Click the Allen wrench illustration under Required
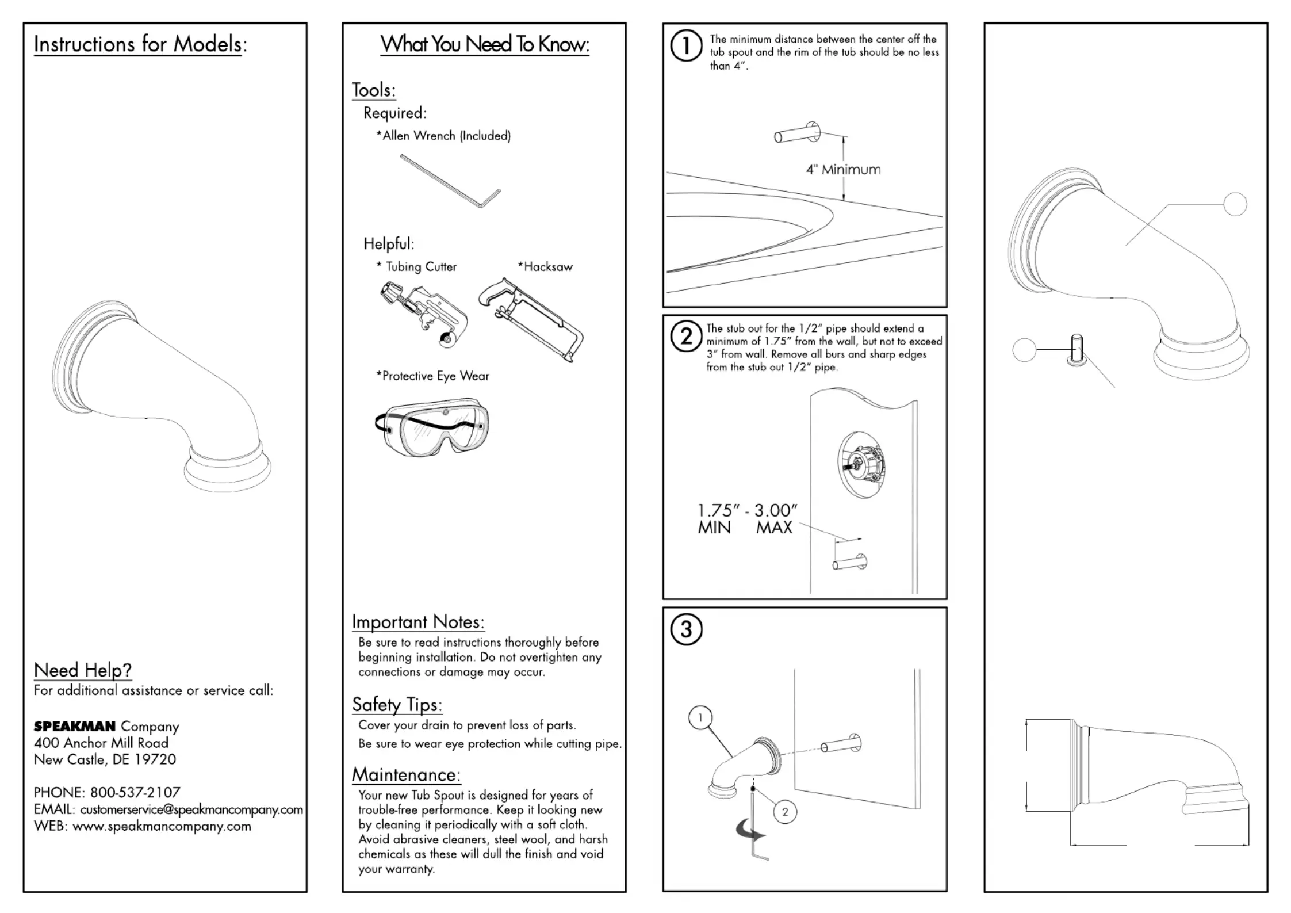coord(450,180)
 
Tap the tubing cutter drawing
coord(423,314)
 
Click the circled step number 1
coord(686,46)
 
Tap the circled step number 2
coord(686,337)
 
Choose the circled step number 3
coord(686,629)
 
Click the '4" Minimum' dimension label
coord(843,170)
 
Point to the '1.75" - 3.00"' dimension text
coord(747,510)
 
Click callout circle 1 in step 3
coord(700,717)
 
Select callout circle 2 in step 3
coord(785,812)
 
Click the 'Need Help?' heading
coord(83,670)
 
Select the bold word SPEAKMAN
coord(75,727)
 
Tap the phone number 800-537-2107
coord(135,792)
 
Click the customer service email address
coord(191,809)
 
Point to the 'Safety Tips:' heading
coord(397,705)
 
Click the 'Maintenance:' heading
coord(406,775)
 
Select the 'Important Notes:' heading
coord(418,622)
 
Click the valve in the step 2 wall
coord(861,464)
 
